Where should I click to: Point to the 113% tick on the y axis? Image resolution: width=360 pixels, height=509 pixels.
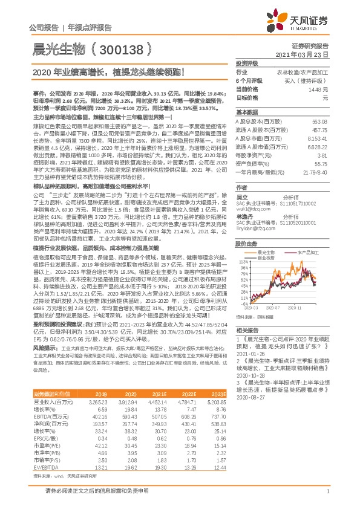244,246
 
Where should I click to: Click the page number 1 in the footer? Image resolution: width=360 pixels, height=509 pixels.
327,497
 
